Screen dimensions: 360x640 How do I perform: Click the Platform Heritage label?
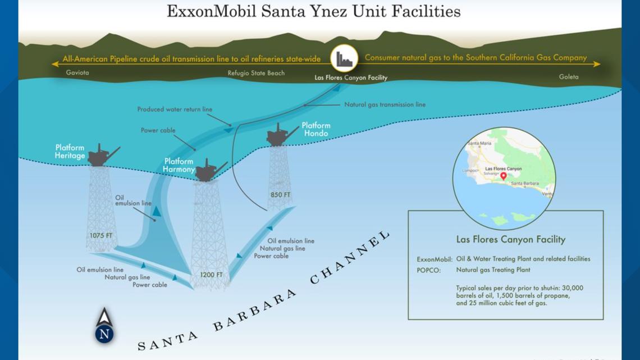(x=70, y=152)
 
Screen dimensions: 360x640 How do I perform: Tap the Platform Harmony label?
(x=179, y=165)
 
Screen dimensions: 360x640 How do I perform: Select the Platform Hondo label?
(x=316, y=129)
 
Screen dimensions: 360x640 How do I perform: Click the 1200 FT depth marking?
(x=211, y=275)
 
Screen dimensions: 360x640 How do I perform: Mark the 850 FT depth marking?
(x=280, y=195)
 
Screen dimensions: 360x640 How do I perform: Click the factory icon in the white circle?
(x=344, y=58)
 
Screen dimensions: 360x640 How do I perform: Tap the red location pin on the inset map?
(x=504, y=176)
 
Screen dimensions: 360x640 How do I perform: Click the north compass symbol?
(x=104, y=326)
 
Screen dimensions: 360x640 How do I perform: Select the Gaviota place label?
(x=77, y=72)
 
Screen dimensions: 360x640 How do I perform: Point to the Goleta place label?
(x=568, y=77)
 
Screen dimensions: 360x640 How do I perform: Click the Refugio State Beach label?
(x=256, y=73)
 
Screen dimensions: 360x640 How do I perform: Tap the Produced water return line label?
(x=175, y=110)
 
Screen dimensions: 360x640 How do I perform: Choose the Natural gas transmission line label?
(x=385, y=104)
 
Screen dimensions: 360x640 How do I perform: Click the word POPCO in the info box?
(x=429, y=270)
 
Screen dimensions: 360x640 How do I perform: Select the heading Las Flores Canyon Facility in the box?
(x=510, y=239)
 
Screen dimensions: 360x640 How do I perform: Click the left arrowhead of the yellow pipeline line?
(x=55, y=64)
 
